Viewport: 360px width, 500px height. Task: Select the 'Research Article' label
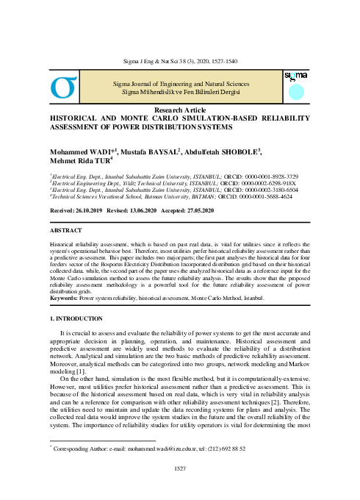point(179,109)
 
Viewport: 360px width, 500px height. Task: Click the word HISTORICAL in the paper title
point(76,118)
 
